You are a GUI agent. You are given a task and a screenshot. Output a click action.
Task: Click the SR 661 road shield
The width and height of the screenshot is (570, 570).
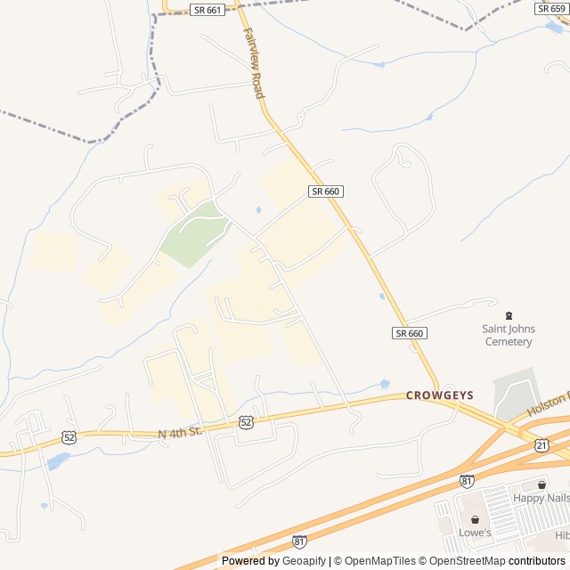pos(208,9)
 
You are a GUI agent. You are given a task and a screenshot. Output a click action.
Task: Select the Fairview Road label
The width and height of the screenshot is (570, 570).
pos(254,61)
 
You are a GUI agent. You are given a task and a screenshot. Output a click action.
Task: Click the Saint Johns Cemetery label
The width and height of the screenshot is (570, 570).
pos(509,335)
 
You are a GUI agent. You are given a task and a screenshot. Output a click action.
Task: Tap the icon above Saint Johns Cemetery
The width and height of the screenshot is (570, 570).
pos(509,314)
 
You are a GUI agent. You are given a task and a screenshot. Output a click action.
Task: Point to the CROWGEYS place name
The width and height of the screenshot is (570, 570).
pos(440,395)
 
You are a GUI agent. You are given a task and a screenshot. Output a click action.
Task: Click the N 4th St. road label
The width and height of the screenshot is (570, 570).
pos(182,431)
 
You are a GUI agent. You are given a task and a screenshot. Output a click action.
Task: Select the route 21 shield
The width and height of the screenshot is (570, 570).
pos(542,444)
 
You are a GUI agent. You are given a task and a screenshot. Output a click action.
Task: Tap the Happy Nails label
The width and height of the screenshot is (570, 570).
pos(541,499)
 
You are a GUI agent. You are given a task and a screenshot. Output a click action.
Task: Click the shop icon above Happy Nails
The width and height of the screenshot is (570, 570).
pos(541,484)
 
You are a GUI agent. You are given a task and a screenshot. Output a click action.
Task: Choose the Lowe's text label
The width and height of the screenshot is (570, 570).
pos(475,533)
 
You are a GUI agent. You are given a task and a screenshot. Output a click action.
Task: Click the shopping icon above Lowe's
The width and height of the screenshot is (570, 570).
pos(475,519)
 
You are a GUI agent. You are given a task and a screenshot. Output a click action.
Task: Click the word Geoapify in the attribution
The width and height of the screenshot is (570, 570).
pos(305,561)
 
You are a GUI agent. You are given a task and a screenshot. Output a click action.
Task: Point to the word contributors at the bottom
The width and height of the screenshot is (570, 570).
pos(537,561)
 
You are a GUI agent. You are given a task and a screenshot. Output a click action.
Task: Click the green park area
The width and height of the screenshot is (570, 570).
pos(196,233)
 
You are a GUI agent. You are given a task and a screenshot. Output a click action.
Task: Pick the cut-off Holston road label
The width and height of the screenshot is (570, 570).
pos(548,404)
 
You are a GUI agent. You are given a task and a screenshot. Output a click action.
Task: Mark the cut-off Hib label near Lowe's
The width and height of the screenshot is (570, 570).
pos(561,534)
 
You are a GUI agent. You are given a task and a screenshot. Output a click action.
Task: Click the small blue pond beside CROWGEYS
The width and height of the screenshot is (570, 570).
pos(385,385)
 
